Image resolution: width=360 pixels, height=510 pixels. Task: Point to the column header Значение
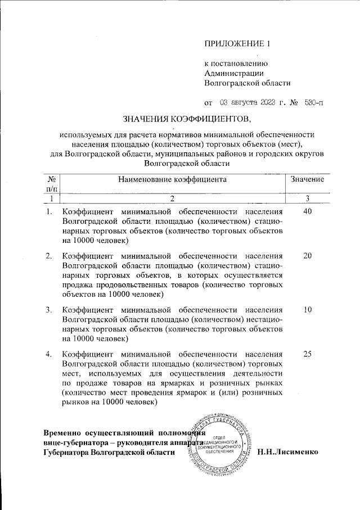[307, 179]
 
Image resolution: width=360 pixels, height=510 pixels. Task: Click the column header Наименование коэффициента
[172, 179]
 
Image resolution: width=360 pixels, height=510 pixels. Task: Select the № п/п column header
[51, 184]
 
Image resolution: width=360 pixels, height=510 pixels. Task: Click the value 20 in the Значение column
[307, 256]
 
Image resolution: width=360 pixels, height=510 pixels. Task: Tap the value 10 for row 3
[307, 310]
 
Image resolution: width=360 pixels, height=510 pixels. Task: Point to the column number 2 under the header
[172, 198]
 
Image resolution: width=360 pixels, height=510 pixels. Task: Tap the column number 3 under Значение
[307, 198]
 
